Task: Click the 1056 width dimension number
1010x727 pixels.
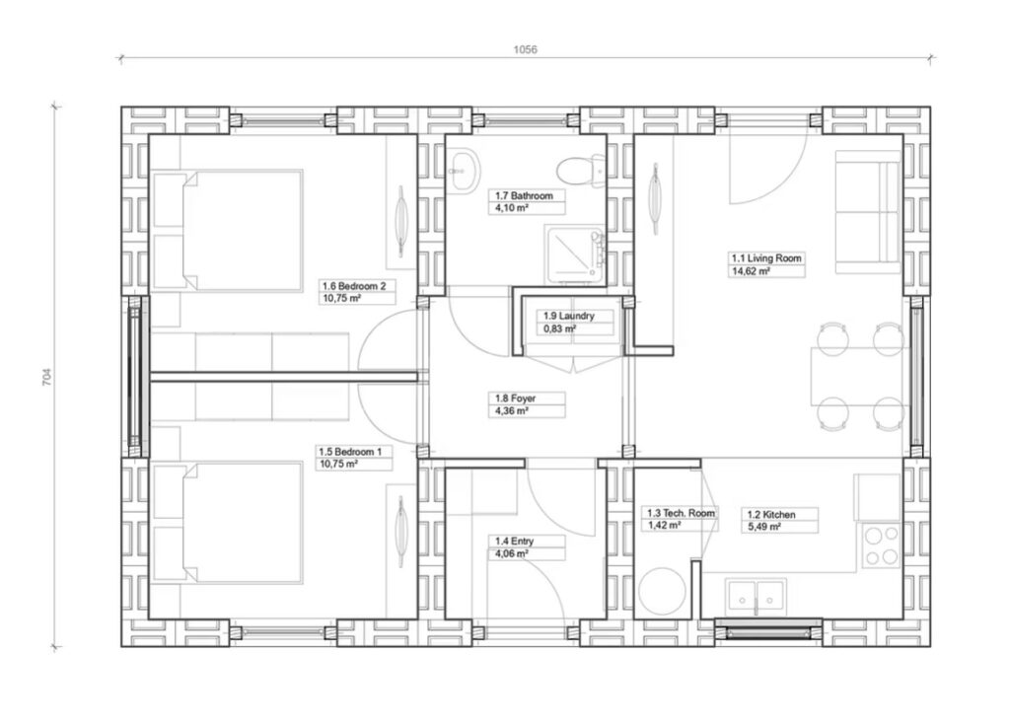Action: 525,49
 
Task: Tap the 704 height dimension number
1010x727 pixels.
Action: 46,377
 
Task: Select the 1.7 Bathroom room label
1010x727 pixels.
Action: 524,195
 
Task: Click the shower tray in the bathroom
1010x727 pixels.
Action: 575,255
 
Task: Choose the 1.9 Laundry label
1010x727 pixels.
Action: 568,316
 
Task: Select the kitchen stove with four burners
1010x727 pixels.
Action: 881,545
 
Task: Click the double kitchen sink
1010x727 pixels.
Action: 757,597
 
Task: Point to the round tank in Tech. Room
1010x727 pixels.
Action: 662,591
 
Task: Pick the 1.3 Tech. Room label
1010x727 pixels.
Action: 681,513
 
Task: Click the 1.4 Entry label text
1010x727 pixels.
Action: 514,541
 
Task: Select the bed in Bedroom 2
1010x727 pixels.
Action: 228,231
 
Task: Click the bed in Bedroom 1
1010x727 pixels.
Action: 228,522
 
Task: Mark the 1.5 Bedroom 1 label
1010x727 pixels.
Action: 350,452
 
